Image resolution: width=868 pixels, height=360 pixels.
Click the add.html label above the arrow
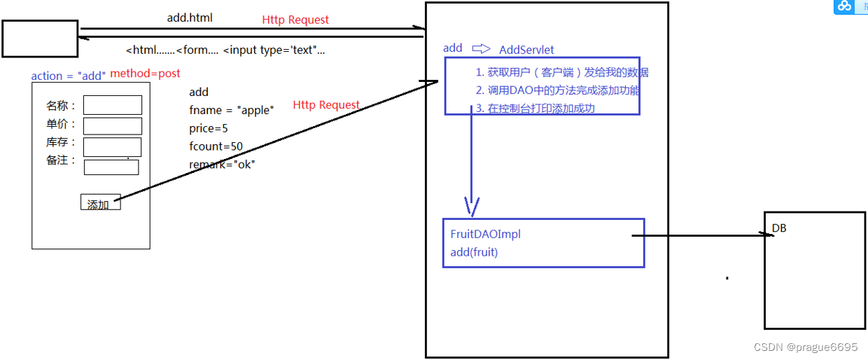coord(190,18)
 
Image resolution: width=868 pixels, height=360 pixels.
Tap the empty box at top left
coord(40,39)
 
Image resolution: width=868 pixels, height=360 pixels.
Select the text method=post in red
coord(145,74)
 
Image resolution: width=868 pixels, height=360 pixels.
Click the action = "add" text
coord(68,76)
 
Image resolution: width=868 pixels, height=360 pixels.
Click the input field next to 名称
coord(113,105)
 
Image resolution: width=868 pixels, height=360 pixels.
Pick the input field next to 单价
coord(113,126)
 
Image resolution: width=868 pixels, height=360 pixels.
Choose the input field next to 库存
coord(112,146)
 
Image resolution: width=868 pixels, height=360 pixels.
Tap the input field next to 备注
coord(111,167)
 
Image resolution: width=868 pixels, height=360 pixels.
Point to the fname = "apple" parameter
coord(232,110)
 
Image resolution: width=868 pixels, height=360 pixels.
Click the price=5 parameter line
coord(209,128)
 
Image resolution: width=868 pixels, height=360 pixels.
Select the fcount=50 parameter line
coord(216,146)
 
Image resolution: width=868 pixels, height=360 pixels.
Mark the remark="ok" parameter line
coord(222,165)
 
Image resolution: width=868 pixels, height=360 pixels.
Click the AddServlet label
coord(526,50)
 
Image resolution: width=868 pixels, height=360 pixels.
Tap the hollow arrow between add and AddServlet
coord(481,48)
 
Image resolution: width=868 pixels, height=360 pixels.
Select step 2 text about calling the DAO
coord(558,90)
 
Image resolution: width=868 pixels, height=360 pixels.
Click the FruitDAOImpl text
coord(485,234)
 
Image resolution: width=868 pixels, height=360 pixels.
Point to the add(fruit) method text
coord(474,252)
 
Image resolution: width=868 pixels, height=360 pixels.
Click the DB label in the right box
coord(779,228)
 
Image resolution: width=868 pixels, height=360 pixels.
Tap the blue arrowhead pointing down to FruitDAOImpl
coord(471,206)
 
